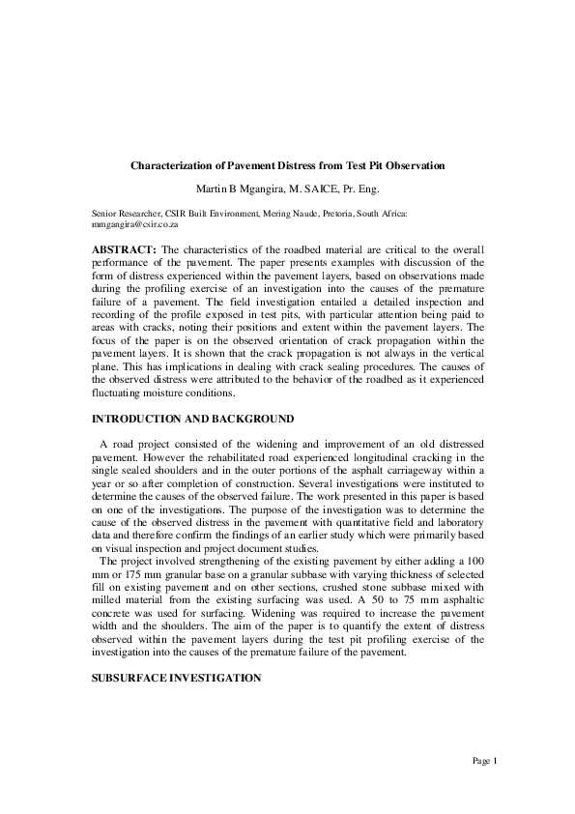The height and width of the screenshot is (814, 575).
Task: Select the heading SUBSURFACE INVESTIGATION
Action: [176, 679]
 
